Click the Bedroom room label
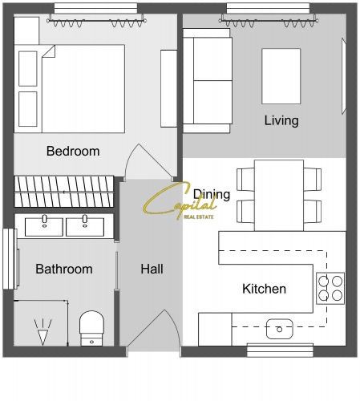point(73,152)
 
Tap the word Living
point(281,120)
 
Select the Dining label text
point(212,195)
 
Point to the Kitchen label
point(264,289)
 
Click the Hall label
point(152,269)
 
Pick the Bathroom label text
point(64,269)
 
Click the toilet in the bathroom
point(91,328)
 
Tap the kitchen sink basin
point(280,329)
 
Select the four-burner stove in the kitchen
point(330,288)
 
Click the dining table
point(279,196)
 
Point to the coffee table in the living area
point(281,76)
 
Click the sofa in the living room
point(208,81)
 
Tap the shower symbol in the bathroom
point(42,331)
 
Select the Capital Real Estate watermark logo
point(180,202)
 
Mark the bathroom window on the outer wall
point(10,258)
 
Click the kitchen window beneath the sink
point(280,350)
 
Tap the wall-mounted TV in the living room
point(344,76)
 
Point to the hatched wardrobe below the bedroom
point(64,191)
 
